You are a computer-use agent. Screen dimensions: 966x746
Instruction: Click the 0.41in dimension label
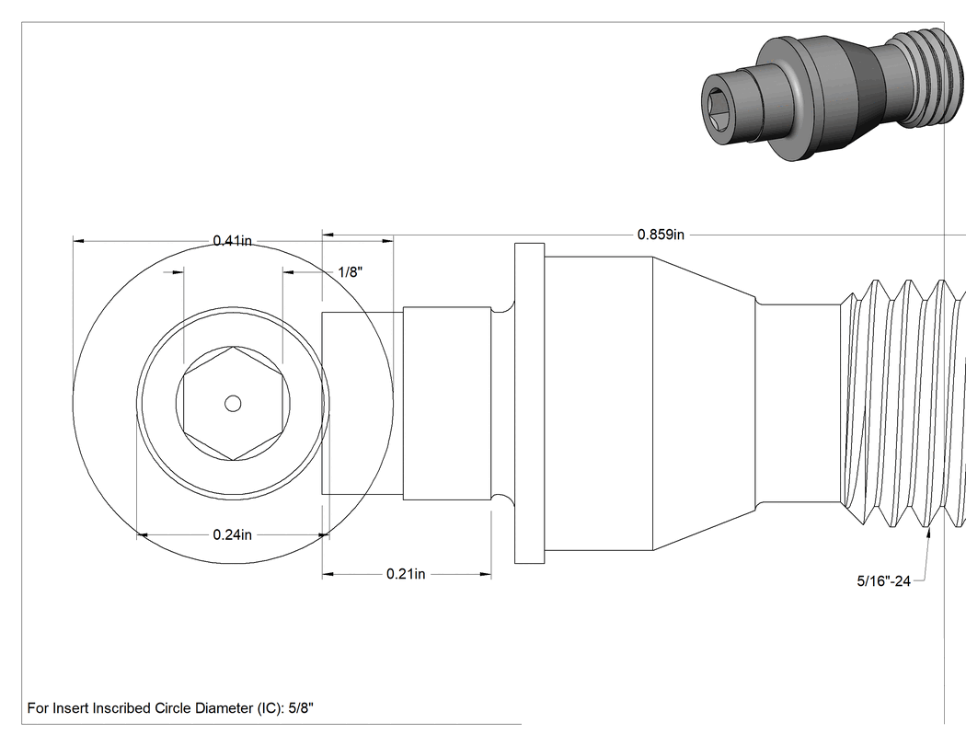coord(232,240)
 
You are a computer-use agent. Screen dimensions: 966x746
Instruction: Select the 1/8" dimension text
coord(351,271)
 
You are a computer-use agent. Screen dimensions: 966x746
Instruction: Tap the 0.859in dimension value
coord(661,235)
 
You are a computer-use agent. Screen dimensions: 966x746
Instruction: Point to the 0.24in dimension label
coord(232,534)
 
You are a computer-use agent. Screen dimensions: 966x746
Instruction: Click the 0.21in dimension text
coord(406,574)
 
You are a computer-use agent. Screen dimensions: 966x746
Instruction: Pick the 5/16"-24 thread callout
coord(883,581)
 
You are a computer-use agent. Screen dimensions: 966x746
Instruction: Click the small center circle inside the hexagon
coord(232,404)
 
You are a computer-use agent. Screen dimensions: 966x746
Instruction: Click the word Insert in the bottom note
coord(70,707)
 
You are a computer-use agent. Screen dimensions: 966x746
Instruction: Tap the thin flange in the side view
coord(529,403)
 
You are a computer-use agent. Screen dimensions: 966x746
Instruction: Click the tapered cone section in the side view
coord(704,403)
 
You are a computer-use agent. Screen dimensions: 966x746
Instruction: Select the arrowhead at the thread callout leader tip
coord(927,533)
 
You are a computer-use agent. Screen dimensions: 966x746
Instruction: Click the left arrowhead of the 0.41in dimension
coord(78,241)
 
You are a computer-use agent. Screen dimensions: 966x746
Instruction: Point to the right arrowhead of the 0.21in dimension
coord(486,574)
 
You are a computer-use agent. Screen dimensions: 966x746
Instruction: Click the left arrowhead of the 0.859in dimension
coord(328,235)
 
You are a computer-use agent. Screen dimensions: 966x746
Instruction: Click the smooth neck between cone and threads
coord(799,403)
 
